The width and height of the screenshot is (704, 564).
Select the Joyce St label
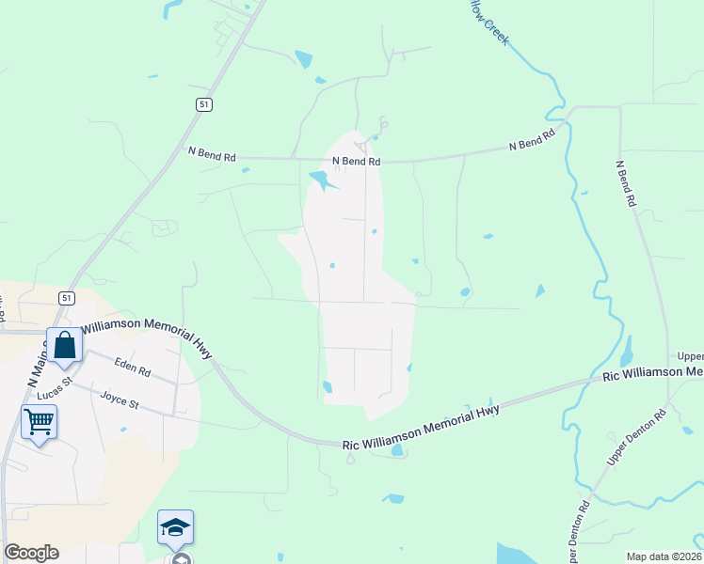[120, 399]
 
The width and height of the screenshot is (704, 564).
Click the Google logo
[31, 553]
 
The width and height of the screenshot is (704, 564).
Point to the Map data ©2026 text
[664, 556]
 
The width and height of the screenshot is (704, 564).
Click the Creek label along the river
[497, 31]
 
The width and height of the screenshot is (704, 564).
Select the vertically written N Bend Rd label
[627, 184]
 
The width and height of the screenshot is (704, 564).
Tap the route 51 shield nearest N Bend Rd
[204, 105]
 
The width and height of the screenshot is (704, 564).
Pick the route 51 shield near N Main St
[66, 297]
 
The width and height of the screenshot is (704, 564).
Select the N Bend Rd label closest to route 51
[212, 154]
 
